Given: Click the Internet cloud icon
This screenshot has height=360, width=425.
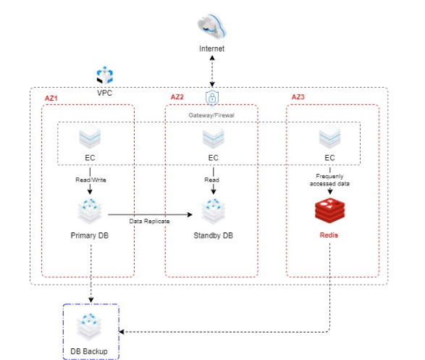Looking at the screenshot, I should pyautogui.click(x=212, y=25).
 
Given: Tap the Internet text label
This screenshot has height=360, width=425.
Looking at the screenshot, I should pyautogui.click(x=212, y=49).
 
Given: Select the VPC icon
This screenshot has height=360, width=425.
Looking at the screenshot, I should pyautogui.click(x=105, y=76).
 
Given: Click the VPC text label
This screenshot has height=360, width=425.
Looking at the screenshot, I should pyautogui.click(x=105, y=93).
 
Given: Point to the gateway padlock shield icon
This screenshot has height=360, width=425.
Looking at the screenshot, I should pyautogui.click(x=212, y=98).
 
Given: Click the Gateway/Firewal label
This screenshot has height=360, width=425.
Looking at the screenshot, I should pyautogui.click(x=211, y=114).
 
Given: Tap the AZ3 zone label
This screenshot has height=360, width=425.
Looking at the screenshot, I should pyautogui.click(x=298, y=97).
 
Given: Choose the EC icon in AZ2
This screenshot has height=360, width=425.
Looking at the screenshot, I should pyautogui.click(x=213, y=138).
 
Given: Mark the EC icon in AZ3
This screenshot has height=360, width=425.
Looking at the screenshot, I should pyautogui.click(x=329, y=138).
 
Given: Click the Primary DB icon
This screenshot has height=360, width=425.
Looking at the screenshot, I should pyautogui.click(x=91, y=210).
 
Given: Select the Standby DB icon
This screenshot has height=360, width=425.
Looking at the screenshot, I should pyautogui.click(x=213, y=210).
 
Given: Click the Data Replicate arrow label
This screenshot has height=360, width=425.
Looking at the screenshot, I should pyautogui.click(x=149, y=220).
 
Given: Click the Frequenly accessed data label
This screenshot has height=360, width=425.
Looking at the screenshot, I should pyautogui.click(x=329, y=180).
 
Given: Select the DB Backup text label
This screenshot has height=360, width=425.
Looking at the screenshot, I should pyautogui.click(x=89, y=351).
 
